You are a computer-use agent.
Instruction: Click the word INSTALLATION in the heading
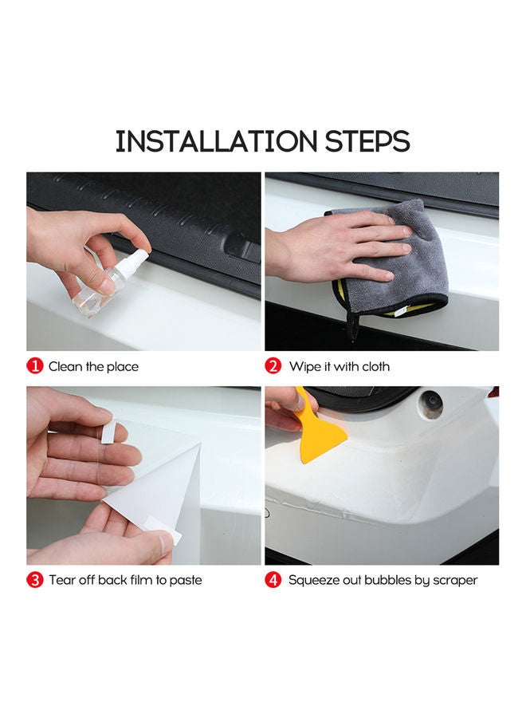(x=216, y=141)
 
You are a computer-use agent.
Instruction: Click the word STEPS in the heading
(x=367, y=141)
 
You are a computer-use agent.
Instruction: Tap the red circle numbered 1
(x=35, y=366)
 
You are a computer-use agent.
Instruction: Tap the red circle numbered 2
(x=273, y=366)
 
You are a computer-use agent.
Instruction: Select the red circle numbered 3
(x=35, y=580)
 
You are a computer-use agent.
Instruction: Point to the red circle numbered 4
(x=273, y=580)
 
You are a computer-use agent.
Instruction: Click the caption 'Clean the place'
(x=93, y=367)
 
